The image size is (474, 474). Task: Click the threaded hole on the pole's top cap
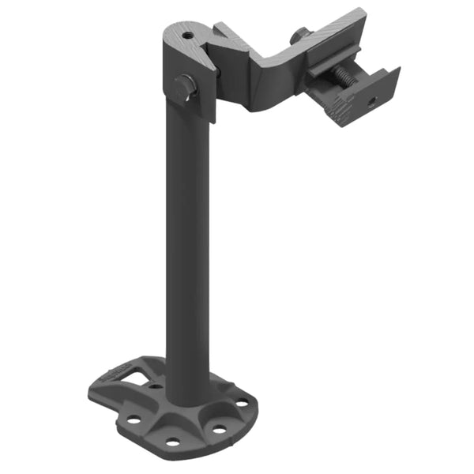coord(187,35)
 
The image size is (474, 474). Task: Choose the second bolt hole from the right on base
coord(219,430)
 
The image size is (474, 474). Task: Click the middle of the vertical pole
coord(188,237)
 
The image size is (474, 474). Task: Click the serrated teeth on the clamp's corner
coord(341,107)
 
